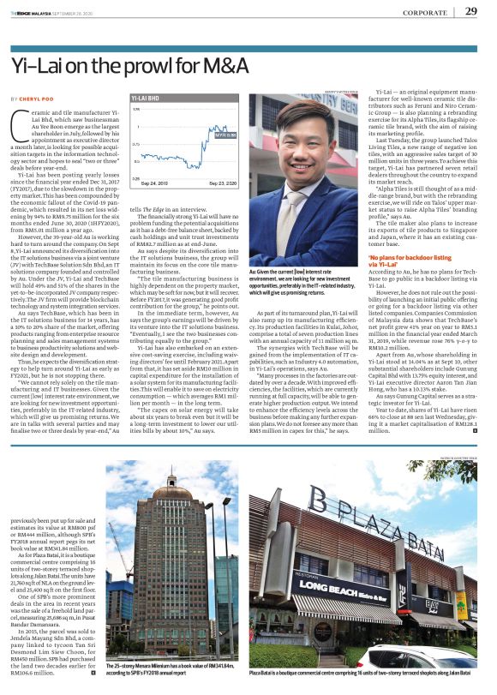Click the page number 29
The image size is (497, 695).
[471, 11]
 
